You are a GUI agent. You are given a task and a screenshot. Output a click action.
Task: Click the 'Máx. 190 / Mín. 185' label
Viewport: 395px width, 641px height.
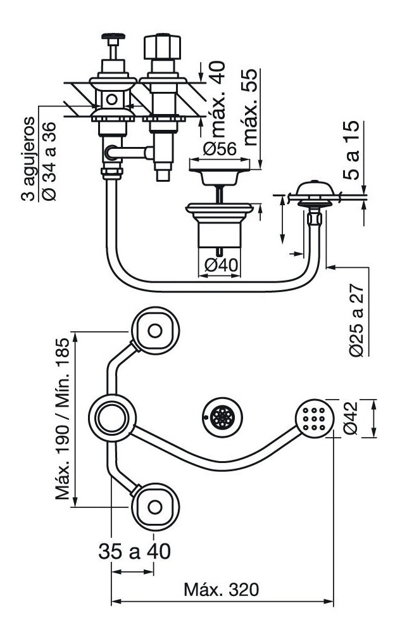coord(61,419)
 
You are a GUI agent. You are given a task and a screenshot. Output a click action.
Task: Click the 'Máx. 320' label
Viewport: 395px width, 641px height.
coord(221,590)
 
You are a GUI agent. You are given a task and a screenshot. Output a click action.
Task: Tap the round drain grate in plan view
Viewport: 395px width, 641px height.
coord(221,417)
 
